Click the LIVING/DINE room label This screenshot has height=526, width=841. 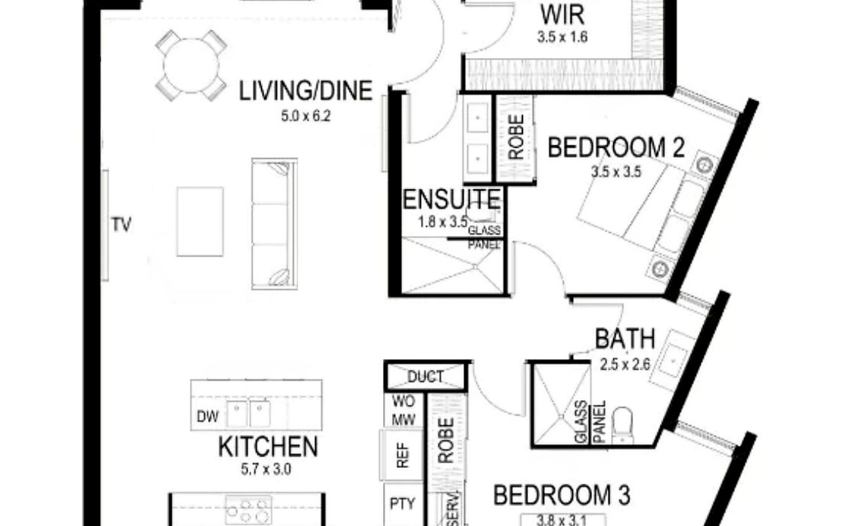click(306, 91)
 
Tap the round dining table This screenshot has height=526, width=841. click(191, 66)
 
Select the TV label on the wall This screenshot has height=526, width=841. click(122, 225)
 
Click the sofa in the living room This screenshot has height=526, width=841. click(275, 224)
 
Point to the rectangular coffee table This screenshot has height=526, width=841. click(200, 222)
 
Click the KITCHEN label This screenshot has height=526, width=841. click(268, 446)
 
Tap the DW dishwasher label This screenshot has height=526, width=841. click(208, 416)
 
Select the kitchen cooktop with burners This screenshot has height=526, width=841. click(249, 509)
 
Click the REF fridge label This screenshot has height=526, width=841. click(403, 456)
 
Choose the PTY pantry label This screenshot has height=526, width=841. click(403, 504)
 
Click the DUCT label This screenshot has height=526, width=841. click(426, 377)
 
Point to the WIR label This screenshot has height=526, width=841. click(562, 15)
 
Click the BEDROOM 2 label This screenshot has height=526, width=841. click(616, 148)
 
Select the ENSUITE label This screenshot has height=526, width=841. click(451, 199)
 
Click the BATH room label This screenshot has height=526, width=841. click(625, 339)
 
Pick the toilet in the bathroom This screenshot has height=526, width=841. click(622, 425)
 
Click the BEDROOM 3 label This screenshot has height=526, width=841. click(562, 495)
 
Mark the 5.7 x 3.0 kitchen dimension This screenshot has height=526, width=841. click(266, 469)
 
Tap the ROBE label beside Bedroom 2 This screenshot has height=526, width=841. click(516, 137)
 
